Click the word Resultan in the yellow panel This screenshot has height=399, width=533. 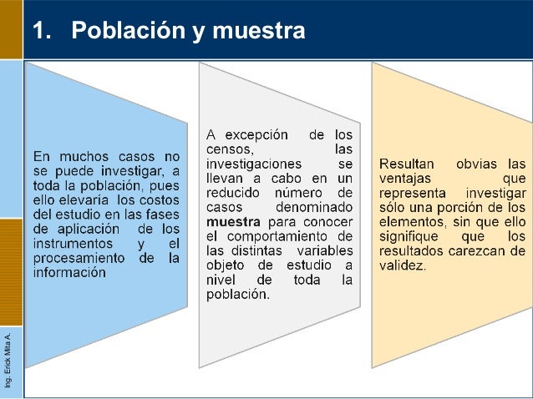pyautogui.click(x=407, y=163)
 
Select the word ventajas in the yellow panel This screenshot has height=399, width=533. pyautogui.click(x=405, y=178)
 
